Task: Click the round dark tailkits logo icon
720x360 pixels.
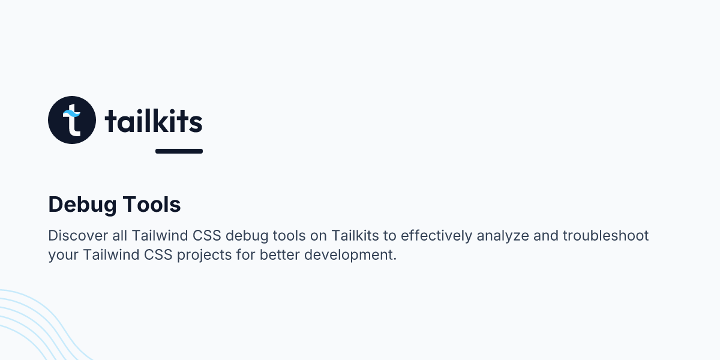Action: [x=72, y=120]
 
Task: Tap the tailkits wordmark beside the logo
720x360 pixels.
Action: [x=154, y=121]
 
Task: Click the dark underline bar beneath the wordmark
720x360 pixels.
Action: [x=179, y=151]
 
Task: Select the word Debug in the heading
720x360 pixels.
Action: [x=82, y=205]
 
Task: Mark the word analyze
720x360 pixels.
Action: [x=503, y=235]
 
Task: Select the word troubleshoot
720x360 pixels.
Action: [x=605, y=235]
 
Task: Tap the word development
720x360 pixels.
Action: [x=350, y=254]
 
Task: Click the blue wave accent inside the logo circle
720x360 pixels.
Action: [x=71, y=113]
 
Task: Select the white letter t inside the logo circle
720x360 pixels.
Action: [x=73, y=124]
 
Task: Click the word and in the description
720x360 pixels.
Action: [x=545, y=235]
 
